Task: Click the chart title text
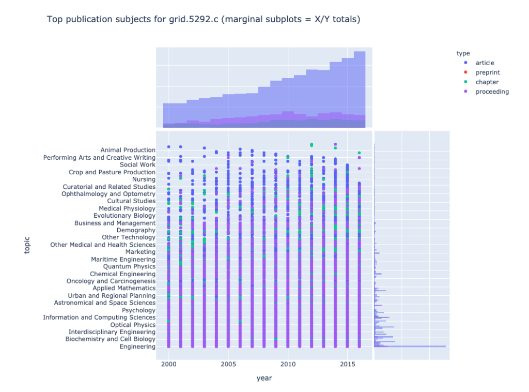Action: click(x=203, y=20)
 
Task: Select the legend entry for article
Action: click(x=485, y=63)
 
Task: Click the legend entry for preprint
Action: click(x=487, y=73)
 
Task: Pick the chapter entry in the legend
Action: click(x=487, y=82)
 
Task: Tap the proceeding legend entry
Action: click(x=492, y=92)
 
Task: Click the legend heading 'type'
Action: click(x=462, y=53)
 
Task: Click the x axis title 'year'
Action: click(x=264, y=379)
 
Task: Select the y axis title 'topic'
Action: click(x=27, y=245)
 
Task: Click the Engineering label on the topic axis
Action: click(x=137, y=346)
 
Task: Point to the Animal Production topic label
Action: click(x=128, y=150)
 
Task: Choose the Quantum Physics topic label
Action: click(x=129, y=266)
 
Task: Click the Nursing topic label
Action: click(x=144, y=179)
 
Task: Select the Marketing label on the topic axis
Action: click(x=140, y=252)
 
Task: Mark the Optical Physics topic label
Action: click(x=133, y=325)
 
